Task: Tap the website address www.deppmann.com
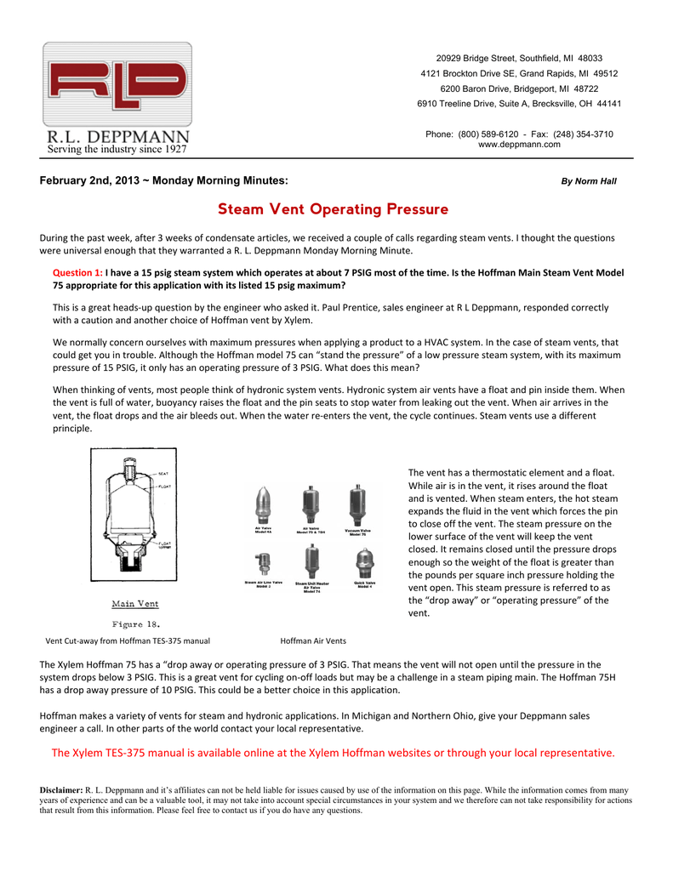519,145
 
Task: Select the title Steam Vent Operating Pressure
333,208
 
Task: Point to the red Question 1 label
77,272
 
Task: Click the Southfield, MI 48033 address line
519,58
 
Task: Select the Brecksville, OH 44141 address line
519,104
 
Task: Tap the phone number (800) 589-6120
488,134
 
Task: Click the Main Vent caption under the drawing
135,604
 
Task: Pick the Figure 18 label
135,623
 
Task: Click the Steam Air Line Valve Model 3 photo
263,563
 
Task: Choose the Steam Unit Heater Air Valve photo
311,562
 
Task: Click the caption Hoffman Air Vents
312,640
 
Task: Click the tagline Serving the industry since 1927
116,150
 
